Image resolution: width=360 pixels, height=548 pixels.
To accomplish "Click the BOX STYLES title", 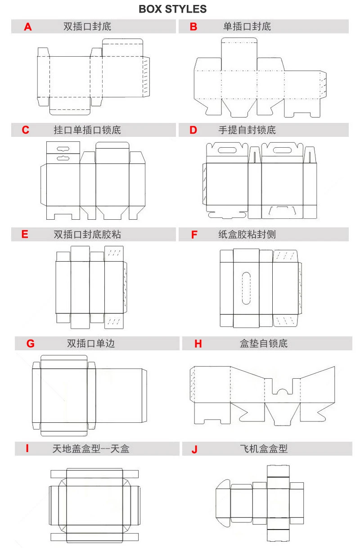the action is tap(173, 9).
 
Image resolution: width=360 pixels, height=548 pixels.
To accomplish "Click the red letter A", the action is tap(28, 27).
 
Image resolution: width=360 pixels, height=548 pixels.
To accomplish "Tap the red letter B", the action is tap(193, 27).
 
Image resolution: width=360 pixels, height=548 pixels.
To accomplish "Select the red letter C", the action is tap(26, 131).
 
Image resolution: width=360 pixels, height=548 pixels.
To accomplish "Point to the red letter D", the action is tap(193, 131).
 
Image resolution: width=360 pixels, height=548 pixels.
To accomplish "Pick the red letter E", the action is tap(25, 234).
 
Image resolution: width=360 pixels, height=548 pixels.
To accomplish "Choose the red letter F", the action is tap(194, 235).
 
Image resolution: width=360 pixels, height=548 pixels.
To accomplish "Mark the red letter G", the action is tap(30, 344).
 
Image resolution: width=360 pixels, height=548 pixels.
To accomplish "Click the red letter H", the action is tap(198, 344).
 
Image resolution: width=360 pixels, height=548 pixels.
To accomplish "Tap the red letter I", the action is tap(27, 448).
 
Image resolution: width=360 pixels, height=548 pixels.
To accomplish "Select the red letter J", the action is tap(194, 449).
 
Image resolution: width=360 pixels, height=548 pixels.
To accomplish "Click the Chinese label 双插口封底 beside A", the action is tap(87, 27).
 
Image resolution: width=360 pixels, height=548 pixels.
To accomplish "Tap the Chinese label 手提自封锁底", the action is tap(247, 131).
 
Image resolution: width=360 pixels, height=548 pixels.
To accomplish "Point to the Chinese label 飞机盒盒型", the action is tap(264, 448).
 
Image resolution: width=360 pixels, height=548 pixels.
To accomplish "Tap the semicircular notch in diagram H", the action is tap(282, 389).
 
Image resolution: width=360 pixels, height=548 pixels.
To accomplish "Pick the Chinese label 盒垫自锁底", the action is tap(264, 344).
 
